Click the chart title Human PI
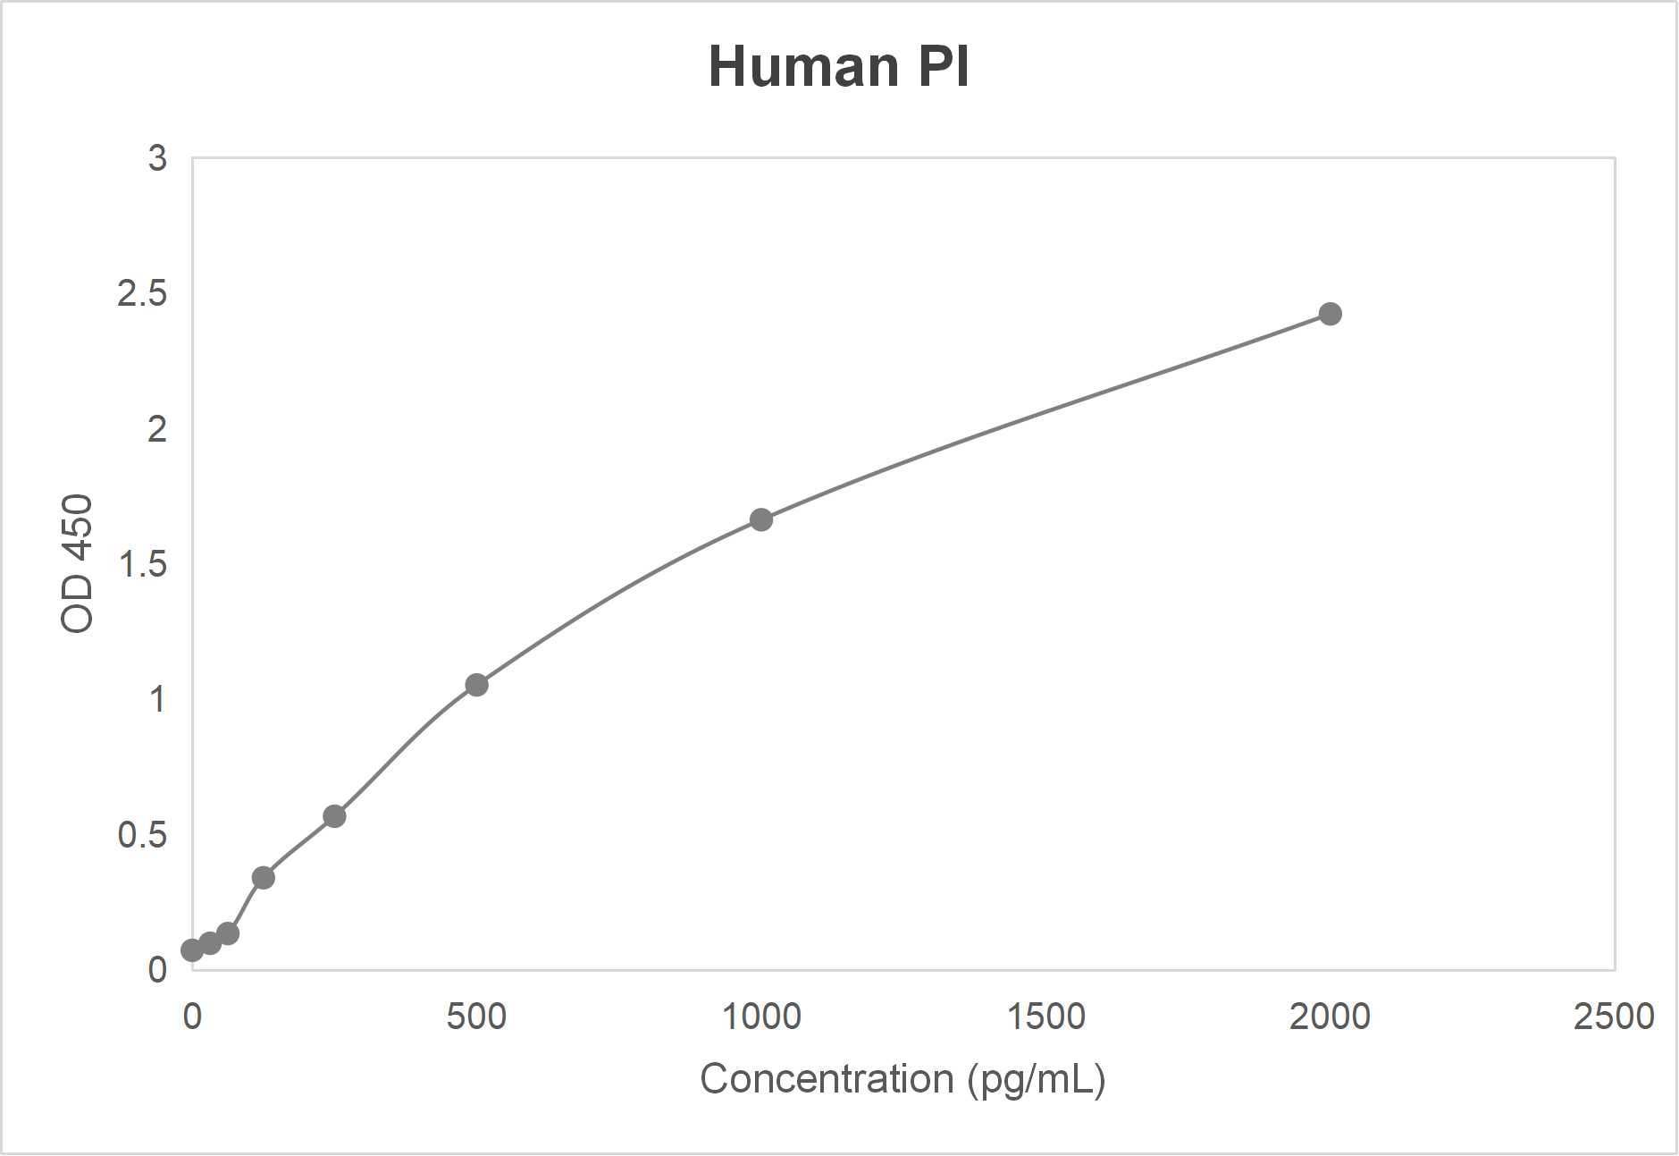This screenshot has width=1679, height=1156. (838, 67)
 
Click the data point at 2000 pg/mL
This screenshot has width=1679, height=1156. (1330, 314)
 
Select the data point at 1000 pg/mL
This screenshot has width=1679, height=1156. (761, 519)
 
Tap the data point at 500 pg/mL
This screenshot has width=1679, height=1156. (476, 685)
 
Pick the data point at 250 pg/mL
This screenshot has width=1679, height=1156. (334, 816)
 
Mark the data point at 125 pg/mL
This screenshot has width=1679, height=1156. (263, 878)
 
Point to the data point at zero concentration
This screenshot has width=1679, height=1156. (191, 950)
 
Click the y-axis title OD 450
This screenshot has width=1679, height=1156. (78, 563)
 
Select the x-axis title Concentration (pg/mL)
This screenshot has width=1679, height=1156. (902, 1079)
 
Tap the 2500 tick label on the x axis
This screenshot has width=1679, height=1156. (1614, 1017)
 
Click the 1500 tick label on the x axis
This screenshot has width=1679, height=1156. (1045, 1017)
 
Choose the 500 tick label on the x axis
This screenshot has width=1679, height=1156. (476, 1017)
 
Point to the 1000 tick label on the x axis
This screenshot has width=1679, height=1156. (761, 1017)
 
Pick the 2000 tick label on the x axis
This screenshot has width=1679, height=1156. (1330, 1017)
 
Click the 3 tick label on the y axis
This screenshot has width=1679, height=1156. (157, 158)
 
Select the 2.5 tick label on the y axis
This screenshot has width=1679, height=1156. (142, 293)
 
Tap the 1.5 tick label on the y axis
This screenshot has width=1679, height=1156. (142, 564)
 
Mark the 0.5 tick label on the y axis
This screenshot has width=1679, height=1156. (142, 835)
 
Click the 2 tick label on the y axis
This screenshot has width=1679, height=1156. (157, 429)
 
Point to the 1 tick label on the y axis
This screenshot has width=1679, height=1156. (157, 699)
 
